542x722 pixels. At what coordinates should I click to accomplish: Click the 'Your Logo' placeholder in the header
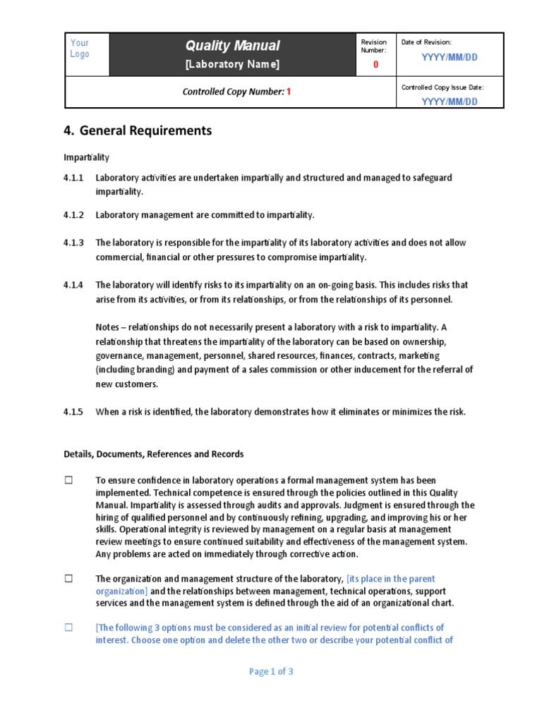click(x=80, y=49)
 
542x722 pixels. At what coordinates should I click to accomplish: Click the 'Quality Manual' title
click(x=232, y=46)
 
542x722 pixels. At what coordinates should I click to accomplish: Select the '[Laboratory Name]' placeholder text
click(x=232, y=65)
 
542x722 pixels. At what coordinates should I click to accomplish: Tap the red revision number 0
click(x=375, y=65)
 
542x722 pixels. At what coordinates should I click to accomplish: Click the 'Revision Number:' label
click(x=374, y=47)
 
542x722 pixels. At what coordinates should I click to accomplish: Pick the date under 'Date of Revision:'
click(x=449, y=57)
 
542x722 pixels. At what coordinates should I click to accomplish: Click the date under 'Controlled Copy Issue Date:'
click(x=449, y=101)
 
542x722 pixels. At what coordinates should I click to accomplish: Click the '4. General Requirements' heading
click(x=138, y=130)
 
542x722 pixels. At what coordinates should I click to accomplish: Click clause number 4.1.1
click(x=73, y=178)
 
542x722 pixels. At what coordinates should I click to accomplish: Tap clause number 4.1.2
click(x=73, y=215)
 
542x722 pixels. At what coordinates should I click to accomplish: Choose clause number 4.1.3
click(x=73, y=243)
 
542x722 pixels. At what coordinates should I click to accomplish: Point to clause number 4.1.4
click(x=73, y=286)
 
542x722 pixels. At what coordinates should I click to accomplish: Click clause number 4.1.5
click(x=73, y=412)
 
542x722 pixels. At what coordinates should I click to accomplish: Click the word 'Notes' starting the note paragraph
click(x=108, y=328)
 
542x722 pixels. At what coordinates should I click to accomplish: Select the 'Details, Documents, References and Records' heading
click(x=154, y=455)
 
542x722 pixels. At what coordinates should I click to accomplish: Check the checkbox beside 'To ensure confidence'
click(x=69, y=480)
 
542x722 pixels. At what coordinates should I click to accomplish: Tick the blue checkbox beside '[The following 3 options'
click(x=69, y=628)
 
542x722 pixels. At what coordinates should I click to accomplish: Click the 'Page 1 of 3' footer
click(x=271, y=672)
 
